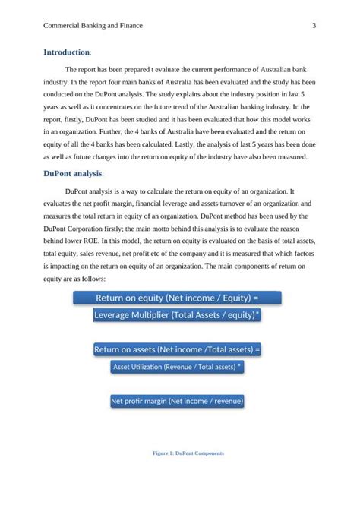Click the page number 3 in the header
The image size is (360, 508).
(x=314, y=26)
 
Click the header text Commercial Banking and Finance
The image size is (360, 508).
(x=93, y=26)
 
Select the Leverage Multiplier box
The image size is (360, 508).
(x=177, y=314)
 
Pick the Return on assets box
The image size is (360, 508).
(x=177, y=349)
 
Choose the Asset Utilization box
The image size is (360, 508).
(x=177, y=367)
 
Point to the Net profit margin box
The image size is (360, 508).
(x=177, y=401)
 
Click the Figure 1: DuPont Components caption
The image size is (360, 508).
(x=188, y=453)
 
